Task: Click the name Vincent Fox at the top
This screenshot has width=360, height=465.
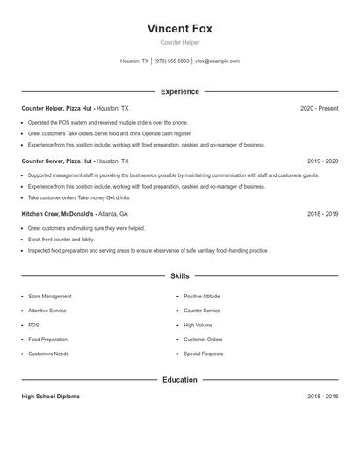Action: pos(179,28)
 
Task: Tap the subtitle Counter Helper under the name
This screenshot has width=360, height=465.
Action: pos(179,42)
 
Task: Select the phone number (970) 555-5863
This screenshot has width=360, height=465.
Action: pos(171,61)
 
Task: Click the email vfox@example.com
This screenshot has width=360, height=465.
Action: pos(217,61)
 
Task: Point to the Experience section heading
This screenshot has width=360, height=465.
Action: pos(179,91)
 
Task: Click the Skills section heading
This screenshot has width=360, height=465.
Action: pos(179,276)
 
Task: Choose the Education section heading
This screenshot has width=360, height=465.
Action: pos(179,380)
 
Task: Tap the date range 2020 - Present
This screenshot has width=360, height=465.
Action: pos(319,108)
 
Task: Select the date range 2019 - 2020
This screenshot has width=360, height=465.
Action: pos(322,161)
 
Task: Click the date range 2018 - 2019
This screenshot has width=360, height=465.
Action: pos(322,214)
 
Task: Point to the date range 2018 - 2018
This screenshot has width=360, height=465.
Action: pos(322,397)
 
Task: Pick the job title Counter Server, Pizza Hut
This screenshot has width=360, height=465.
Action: pos(57,161)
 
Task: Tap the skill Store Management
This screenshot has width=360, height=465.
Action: pos(50,297)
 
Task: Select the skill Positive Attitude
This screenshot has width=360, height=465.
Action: pos(202,297)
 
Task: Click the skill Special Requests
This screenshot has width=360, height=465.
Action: pos(203,354)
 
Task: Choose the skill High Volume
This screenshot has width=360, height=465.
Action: pos(198,325)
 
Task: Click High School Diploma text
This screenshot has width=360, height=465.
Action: pos(50,397)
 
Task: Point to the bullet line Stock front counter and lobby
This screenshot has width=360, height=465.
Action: pos(61,239)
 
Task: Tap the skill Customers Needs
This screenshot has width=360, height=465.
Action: pos(48,354)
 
